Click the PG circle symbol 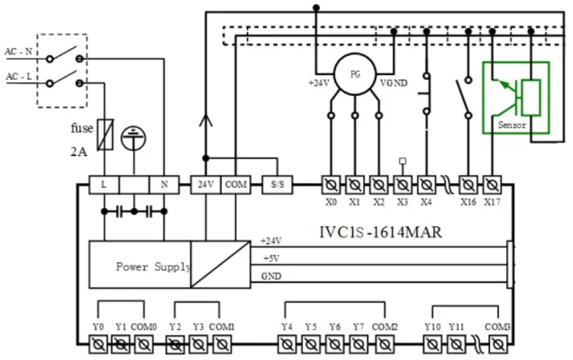click(354, 74)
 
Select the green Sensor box click(516, 97)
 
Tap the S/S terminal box click(277, 185)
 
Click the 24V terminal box click(205, 185)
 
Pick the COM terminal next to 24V click(235, 185)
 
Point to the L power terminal click(104, 185)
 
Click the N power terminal click(164, 185)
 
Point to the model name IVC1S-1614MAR click(381, 232)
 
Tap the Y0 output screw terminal click(97, 344)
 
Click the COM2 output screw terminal click(384, 344)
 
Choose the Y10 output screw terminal click(432, 344)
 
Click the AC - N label click(20, 52)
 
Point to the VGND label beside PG click(394, 84)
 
